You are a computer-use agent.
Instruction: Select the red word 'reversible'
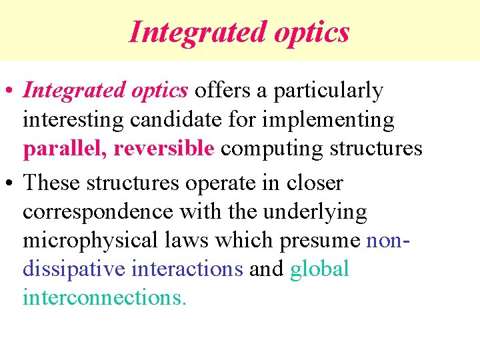(164, 148)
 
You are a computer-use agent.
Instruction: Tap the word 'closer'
(313, 182)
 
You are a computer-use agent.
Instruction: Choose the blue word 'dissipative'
(74, 269)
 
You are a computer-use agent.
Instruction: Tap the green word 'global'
(319, 269)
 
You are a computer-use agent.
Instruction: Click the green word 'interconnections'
(103, 297)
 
